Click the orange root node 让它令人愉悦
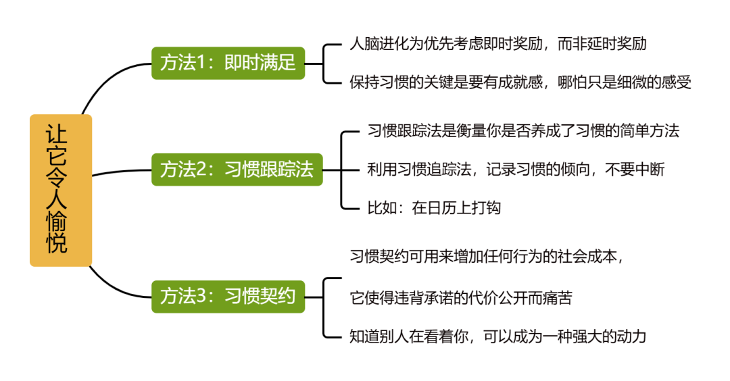point(60,190)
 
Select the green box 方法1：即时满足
point(228,63)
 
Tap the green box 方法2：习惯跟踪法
point(237,169)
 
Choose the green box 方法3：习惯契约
point(228,296)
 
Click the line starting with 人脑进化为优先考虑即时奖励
point(497,45)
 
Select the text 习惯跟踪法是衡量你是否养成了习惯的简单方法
point(522,131)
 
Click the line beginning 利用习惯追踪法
point(516,169)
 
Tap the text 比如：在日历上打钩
point(433,207)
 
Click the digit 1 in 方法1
point(200,63)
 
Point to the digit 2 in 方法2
point(200,170)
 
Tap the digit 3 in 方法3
point(200,297)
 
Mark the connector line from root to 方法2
point(122,172)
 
